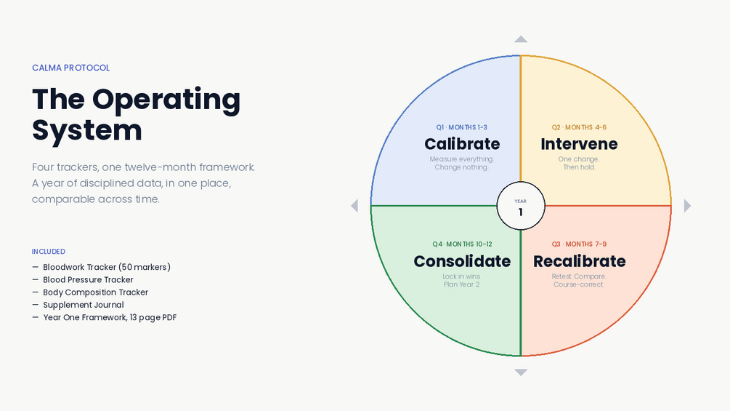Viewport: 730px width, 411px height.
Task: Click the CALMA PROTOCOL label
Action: [70, 68]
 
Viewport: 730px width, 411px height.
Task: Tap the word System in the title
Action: [87, 131]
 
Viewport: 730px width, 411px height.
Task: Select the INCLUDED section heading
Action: [49, 252]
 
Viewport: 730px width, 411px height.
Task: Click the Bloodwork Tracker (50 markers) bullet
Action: [107, 267]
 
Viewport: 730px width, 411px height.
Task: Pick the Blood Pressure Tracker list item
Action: [88, 279]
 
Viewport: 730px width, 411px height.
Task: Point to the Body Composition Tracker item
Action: [95, 292]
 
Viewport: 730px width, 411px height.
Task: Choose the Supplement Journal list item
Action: [84, 305]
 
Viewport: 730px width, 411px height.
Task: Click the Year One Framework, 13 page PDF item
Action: [110, 317]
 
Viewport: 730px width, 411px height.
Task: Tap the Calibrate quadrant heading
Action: [462, 144]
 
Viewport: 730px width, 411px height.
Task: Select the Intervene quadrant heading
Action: [579, 144]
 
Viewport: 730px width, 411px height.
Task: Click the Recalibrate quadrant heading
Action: [579, 261]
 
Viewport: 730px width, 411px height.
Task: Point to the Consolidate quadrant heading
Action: [462, 261]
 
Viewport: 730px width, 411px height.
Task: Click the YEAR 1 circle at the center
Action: [521, 206]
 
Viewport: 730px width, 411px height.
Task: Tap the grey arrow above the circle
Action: [521, 39]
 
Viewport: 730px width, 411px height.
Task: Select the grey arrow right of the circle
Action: [687, 205]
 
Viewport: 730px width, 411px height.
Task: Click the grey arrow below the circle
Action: [521, 372]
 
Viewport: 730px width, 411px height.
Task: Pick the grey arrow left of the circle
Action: [354, 205]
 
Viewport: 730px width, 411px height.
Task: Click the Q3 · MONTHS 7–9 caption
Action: [579, 244]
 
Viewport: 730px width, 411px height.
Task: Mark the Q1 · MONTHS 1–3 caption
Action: [462, 127]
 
